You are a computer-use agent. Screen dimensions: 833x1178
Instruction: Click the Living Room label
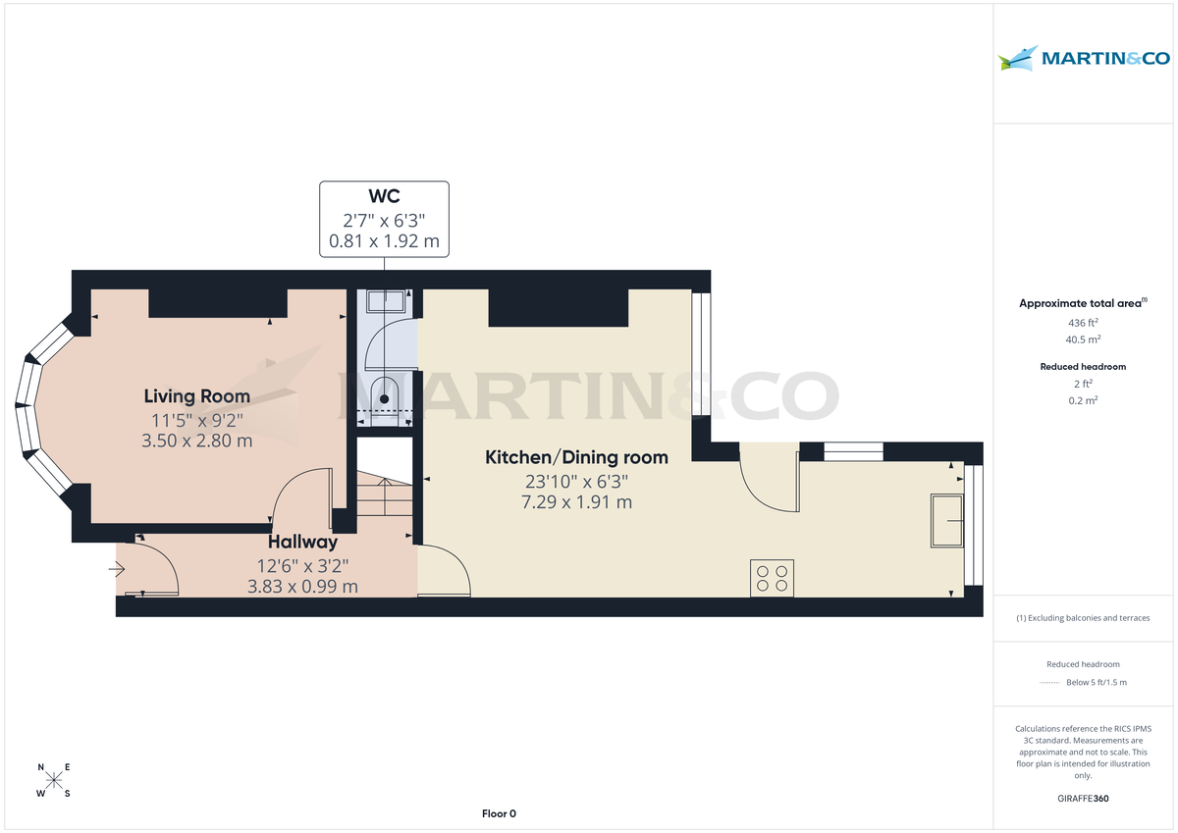pyautogui.click(x=196, y=396)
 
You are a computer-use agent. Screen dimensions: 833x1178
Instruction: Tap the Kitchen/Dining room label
pyautogui.click(x=576, y=457)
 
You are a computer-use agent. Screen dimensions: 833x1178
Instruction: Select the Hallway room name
pyautogui.click(x=302, y=542)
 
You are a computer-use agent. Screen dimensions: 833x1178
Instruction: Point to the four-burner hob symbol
pyautogui.click(x=771, y=577)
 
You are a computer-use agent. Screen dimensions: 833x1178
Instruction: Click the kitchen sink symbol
pyautogui.click(x=946, y=520)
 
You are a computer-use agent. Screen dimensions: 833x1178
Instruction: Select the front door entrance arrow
pyautogui.click(x=117, y=568)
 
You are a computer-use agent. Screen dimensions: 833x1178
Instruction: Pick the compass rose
pyautogui.click(x=54, y=780)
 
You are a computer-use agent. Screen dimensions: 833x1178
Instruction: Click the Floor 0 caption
pyautogui.click(x=499, y=813)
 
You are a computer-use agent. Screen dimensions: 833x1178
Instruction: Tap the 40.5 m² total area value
pyautogui.click(x=1083, y=339)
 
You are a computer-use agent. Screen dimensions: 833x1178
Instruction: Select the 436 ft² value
pyautogui.click(x=1083, y=322)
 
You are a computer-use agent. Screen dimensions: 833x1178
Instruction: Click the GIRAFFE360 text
pyautogui.click(x=1083, y=799)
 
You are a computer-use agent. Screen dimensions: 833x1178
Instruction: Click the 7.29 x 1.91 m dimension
pyautogui.click(x=576, y=501)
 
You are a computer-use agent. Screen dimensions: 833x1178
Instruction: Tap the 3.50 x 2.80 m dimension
pyautogui.click(x=196, y=441)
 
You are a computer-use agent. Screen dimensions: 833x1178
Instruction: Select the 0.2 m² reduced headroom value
pyautogui.click(x=1083, y=400)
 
